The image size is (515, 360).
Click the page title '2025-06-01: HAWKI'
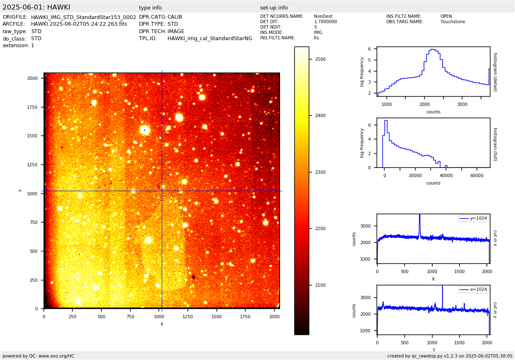click(36, 7)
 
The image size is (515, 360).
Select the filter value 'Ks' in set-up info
click(316, 38)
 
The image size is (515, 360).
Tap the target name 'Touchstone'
click(453, 22)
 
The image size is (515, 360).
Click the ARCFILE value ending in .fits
click(79, 24)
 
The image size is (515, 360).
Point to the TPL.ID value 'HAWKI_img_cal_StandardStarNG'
click(210, 38)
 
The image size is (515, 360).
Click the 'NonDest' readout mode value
click(323, 17)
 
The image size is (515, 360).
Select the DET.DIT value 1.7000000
click(326, 22)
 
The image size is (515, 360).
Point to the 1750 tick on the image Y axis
click(32, 107)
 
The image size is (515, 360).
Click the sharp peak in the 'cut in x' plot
click(419, 215)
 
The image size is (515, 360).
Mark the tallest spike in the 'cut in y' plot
click(442, 286)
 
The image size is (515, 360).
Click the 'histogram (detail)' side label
click(495, 72)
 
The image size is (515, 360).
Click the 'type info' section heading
click(150, 8)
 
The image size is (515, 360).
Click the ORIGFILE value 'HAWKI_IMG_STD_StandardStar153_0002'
click(84, 17)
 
